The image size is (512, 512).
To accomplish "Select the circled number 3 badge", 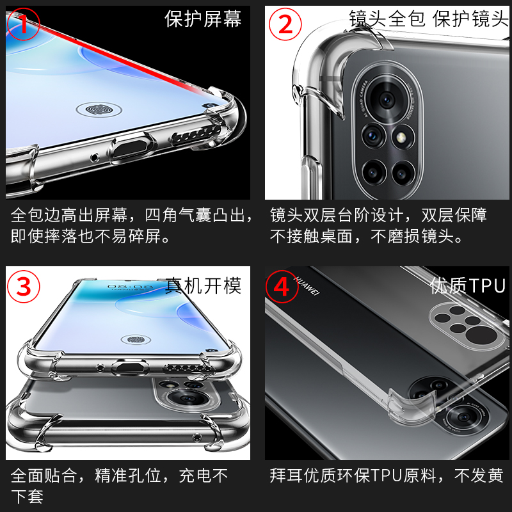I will [x=24, y=285].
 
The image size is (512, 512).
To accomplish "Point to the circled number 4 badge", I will [x=282, y=285].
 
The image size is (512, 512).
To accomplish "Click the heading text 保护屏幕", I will [x=203, y=19].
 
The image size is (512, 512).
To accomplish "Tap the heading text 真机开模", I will [x=203, y=285].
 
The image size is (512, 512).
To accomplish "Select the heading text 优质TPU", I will [x=467, y=285].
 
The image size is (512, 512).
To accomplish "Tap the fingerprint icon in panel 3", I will [x=135, y=338].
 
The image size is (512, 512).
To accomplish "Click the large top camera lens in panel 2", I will [x=387, y=99].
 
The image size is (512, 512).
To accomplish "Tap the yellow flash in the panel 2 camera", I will [x=403, y=136].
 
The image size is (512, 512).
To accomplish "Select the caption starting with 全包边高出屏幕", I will [x=131, y=225].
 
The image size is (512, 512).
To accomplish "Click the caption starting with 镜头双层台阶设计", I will [x=379, y=225].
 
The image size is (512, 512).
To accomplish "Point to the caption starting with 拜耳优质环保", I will [x=387, y=476].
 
